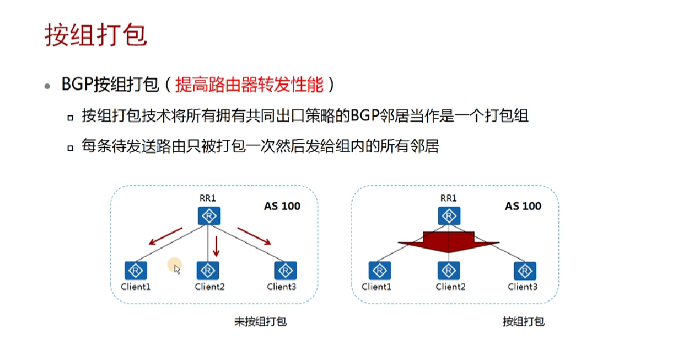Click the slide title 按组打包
[x=96, y=35]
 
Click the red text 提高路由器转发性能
[x=249, y=85]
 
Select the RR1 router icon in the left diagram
[x=208, y=216]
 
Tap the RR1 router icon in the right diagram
[x=449, y=216]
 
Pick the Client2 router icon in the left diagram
[x=208, y=270]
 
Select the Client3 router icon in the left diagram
[x=285, y=270]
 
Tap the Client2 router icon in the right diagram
[x=449, y=270]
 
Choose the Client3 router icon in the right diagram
[x=524, y=270]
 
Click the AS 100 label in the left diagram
[x=282, y=206]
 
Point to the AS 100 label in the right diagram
[x=523, y=206]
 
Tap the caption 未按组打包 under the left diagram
[x=260, y=321]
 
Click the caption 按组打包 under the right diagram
[x=523, y=321]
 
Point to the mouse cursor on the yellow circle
[x=177, y=268]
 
